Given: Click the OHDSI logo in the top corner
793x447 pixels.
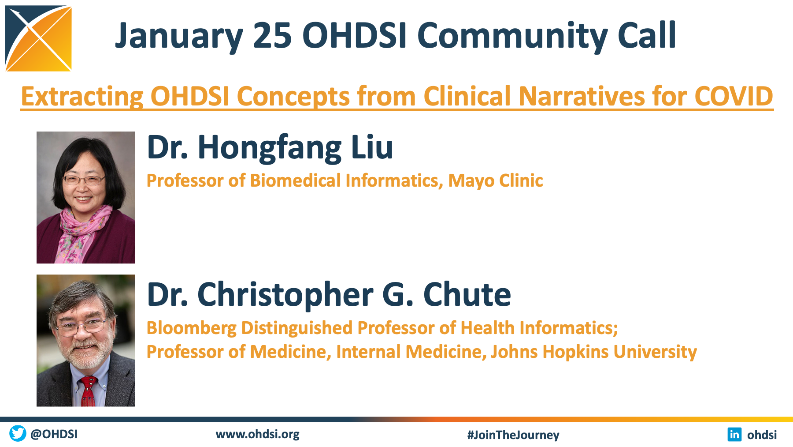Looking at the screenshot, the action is tap(38, 38).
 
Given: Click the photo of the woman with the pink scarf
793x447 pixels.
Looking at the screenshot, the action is tap(86, 197).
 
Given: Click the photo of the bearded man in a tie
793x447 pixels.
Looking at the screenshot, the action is tap(86, 340).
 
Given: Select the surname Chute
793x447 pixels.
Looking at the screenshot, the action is tap(467, 294).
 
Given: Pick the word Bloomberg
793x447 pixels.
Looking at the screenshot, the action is tap(192, 328).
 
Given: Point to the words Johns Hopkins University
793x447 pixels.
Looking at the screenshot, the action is tap(594, 352).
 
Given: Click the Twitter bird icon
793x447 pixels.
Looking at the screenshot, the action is tap(18, 433).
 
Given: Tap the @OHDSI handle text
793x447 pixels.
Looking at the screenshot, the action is tap(54, 434).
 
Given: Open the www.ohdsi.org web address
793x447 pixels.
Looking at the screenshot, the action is tap(258, 435).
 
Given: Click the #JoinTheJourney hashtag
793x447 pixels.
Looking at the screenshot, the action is tap(513, 435).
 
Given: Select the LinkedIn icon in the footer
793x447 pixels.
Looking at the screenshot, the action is tap(734, 434).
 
